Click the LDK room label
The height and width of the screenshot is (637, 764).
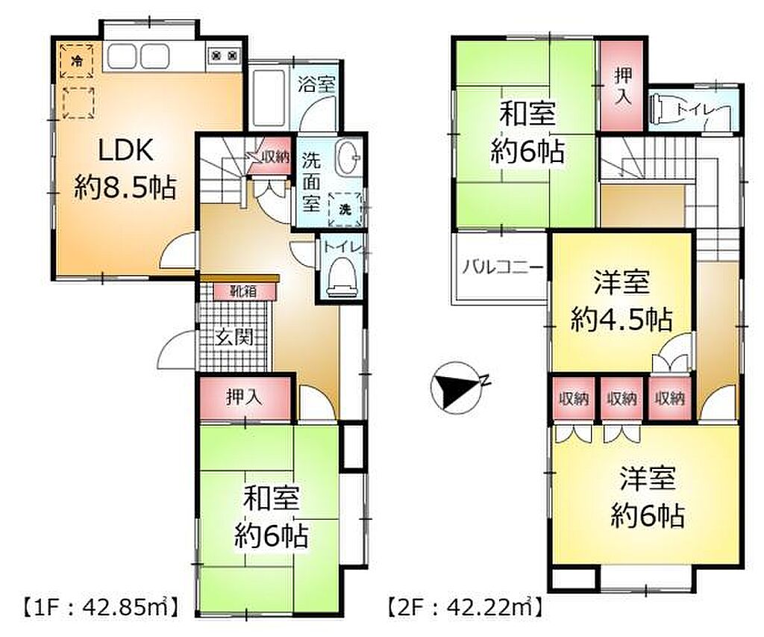pos(126,149)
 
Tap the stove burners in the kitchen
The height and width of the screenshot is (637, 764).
pos(224,56)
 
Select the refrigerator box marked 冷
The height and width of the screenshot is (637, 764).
pos(77,60)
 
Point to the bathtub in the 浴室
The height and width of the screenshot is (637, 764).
pos(269,97)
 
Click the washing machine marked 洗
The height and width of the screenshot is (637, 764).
pos(345,210)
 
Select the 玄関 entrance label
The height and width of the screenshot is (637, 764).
pos(234,337)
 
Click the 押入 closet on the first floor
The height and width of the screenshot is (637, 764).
pos(245,397)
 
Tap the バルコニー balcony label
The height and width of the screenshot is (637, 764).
pos(502,267)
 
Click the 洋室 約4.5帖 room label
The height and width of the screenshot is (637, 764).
pos(621,300)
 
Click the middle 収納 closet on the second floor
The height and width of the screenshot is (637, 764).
pos(621,399)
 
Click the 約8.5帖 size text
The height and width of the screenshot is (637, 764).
pos(125,187)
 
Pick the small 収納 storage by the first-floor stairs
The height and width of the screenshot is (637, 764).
pos(270,157)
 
